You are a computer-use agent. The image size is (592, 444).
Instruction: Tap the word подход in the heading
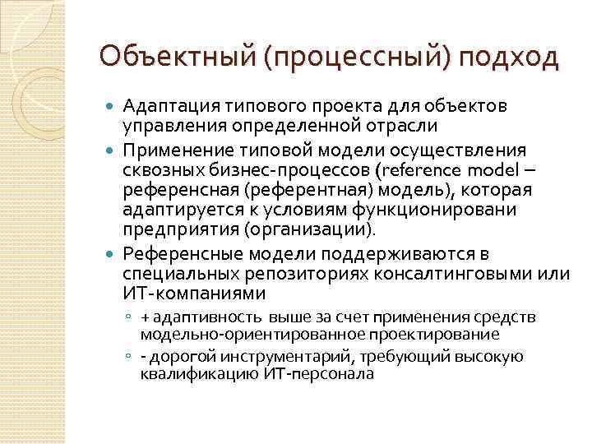point(509,58)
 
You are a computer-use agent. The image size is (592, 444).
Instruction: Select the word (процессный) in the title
point(358,58)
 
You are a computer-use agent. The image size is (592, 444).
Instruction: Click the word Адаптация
point(169,106)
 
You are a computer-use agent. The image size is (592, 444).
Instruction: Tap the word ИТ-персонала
point(321,374)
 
